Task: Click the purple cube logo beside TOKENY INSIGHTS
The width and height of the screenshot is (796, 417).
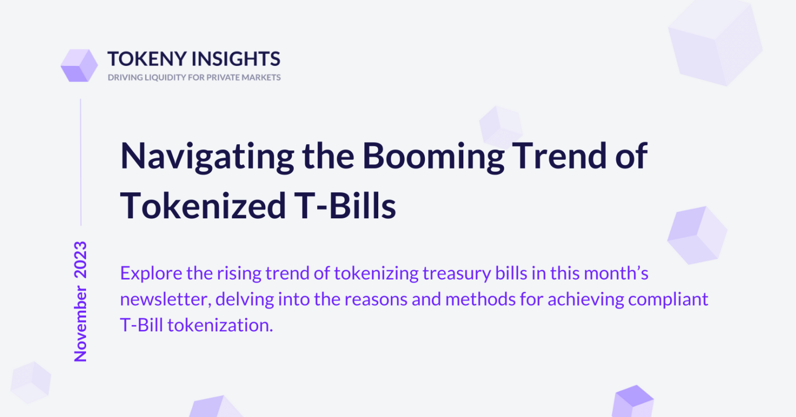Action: [79, 65]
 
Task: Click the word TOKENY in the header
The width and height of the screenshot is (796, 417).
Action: [147, 59]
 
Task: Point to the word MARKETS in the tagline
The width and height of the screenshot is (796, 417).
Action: [261, 77]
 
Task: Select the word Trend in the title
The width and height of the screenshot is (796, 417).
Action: [560, 156]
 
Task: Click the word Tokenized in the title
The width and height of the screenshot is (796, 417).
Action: [203, 205]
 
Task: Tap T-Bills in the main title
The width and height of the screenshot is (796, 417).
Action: [345, 205]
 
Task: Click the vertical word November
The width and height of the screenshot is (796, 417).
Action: [80, 324]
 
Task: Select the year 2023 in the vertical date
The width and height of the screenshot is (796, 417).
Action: [80, 260]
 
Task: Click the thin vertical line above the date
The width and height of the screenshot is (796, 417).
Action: [81, 162]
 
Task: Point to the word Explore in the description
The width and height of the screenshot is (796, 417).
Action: [151, 273]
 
